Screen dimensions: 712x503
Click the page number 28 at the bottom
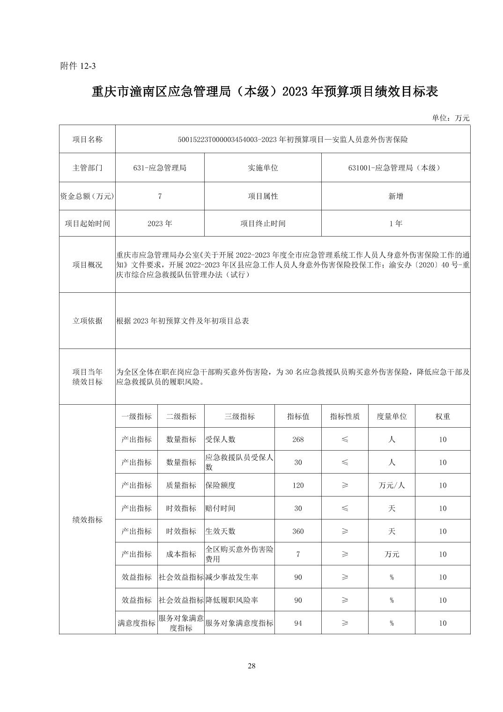click(x=251, y=666)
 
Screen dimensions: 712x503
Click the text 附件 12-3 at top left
click(x=78, y=66)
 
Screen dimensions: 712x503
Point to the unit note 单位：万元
click(x=450, y=118)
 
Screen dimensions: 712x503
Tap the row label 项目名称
click(x=87, y=140)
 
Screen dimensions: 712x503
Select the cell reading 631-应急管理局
click(x=160, y=168)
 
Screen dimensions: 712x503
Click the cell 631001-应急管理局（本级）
click(x=395, y=168)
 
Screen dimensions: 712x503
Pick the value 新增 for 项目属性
click(x=395, y=196)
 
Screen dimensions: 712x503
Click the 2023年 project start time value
click(x=160, y=223)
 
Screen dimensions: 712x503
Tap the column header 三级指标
click(x=239, y=416)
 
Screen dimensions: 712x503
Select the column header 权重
click(x=443, y=416)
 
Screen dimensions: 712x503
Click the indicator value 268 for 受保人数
click(x=298, y=439)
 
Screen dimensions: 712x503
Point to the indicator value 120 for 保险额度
click(x=298, y=485)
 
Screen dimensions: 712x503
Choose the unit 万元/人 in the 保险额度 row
click(x=392, y=485)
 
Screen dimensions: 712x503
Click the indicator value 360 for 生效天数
click(x=298, y=531)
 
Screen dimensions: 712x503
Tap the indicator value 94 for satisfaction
click(x=298, y=623)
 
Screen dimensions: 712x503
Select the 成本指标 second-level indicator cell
click(x=181, y=554)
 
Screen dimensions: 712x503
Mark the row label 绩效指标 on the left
click(x=87, y=520)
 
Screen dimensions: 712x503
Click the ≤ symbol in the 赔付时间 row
click(x=345, y=508)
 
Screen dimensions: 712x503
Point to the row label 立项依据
click(x=87, y=321)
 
